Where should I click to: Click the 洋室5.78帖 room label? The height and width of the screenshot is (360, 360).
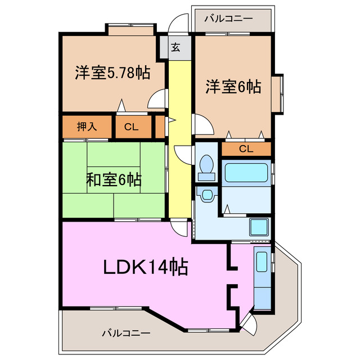(112, 73)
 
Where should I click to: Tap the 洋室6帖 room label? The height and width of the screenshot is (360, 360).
(232, 87)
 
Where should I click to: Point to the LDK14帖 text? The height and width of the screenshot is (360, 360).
(145, 266)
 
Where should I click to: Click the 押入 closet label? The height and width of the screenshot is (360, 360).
(87, 127)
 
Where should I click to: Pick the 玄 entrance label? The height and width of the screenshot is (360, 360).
(175, 48)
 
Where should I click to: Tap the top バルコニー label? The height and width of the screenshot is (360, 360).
(228, 19)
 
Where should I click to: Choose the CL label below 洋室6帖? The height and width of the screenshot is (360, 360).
(246, 149)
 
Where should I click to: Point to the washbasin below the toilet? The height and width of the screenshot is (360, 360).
(206, 195)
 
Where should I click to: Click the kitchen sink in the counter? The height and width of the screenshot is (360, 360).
(262, 261)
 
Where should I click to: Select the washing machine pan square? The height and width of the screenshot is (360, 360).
(259, 228)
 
